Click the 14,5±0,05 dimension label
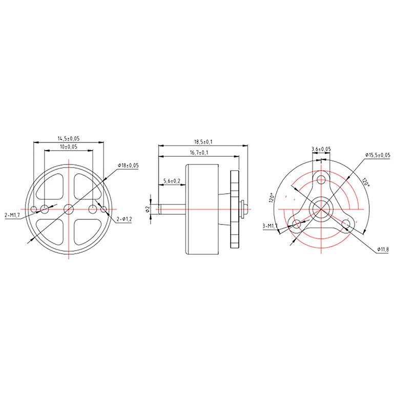pos(69,138)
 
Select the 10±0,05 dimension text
pos(68,147)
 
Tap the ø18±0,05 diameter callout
pos(129,165)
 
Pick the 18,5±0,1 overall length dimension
pos(203,141)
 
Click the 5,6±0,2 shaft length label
pos(172,181)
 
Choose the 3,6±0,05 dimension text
pos(321,149)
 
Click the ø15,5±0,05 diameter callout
pos(378,155)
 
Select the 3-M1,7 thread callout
pos(270,225)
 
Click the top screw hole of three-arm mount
pos(321,179)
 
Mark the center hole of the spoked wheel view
pos(69,209)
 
